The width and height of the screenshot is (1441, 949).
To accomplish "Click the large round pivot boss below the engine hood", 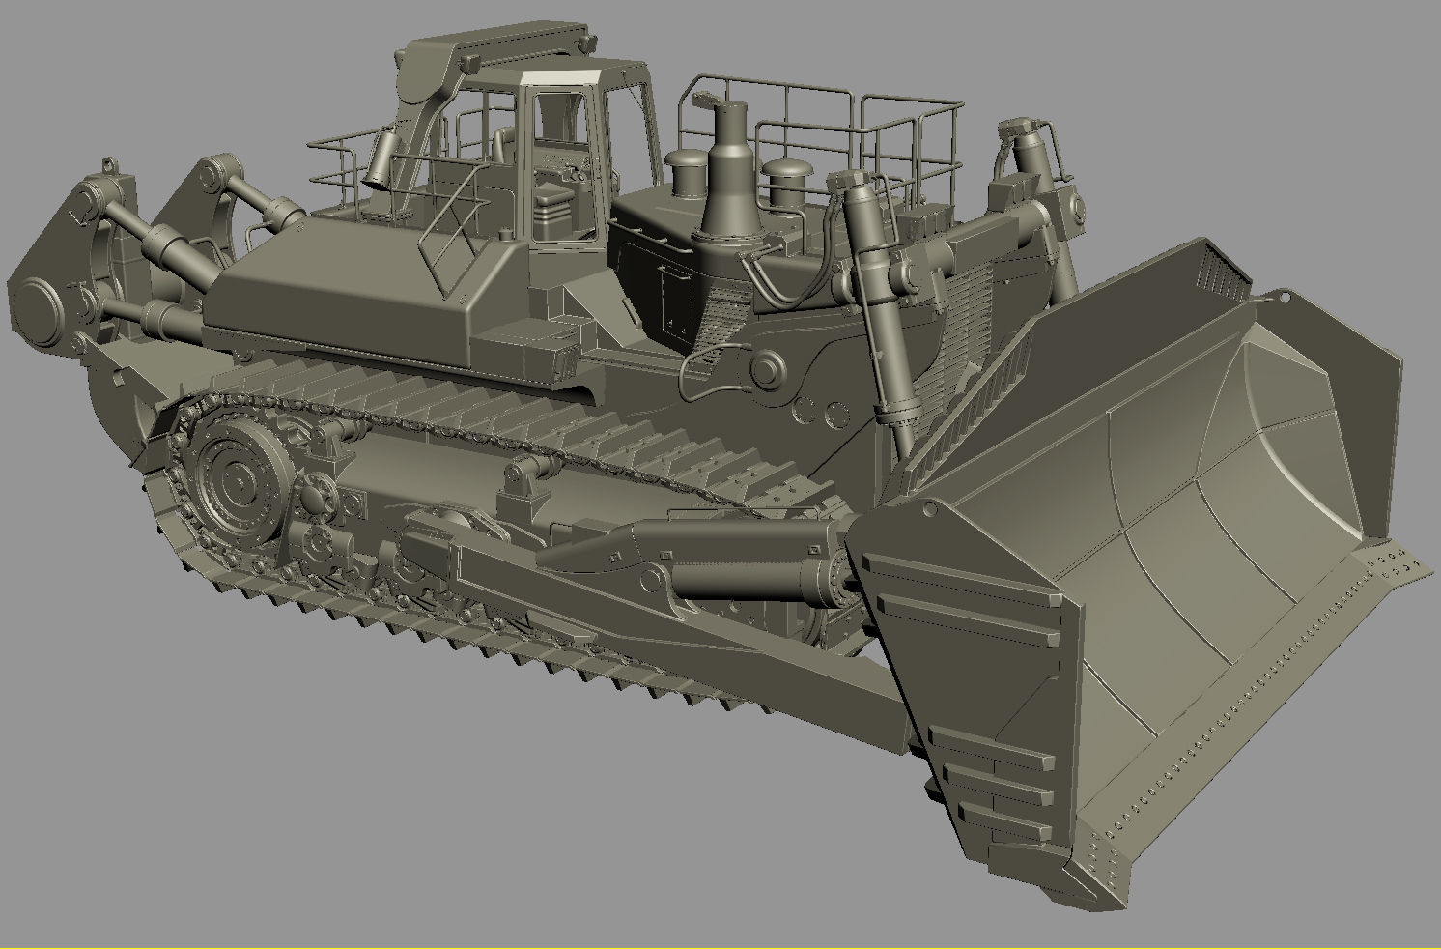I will [768, 370].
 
